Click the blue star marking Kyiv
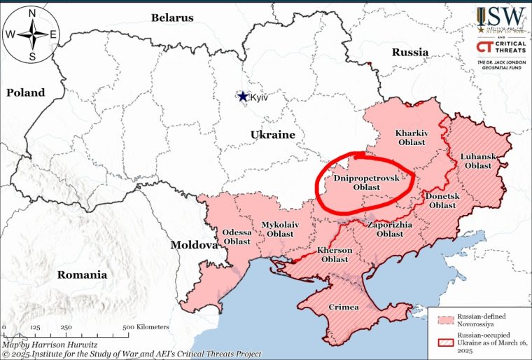(243, 97)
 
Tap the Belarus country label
(171, 18)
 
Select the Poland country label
(26, 92)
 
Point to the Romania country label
(83, 275)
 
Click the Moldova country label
(194, 245)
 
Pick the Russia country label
(409, 52)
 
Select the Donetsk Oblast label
(442, 200)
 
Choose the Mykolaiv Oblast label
(277, 229)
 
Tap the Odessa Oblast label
(237, 236)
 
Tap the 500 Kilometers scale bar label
(146, 327)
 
